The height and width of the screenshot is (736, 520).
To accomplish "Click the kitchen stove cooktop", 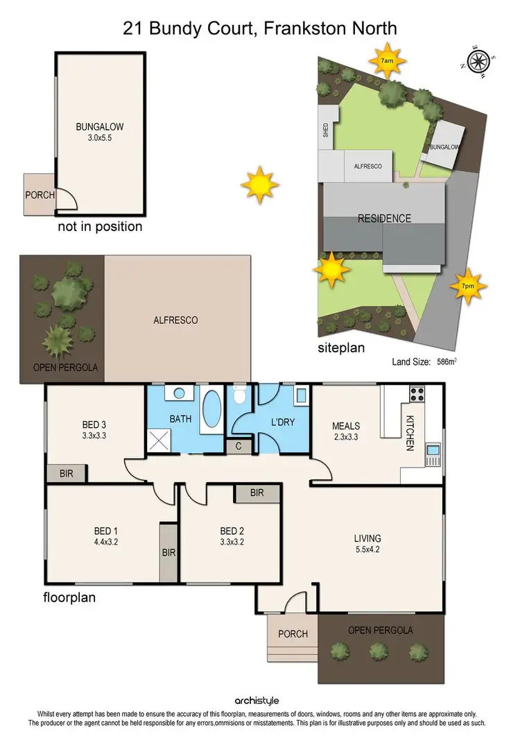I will coord(417,395).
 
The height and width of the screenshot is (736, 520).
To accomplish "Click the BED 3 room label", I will coord(94,425).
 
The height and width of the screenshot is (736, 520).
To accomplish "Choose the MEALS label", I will coord(346,426).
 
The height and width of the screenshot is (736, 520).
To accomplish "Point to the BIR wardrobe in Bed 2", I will coord(257,493).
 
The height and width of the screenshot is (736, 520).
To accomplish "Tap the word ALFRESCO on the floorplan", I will coord(175,320).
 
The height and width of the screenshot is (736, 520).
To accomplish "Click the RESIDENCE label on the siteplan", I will coord(384,219).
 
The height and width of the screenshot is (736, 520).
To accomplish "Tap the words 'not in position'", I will coord(100,226).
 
